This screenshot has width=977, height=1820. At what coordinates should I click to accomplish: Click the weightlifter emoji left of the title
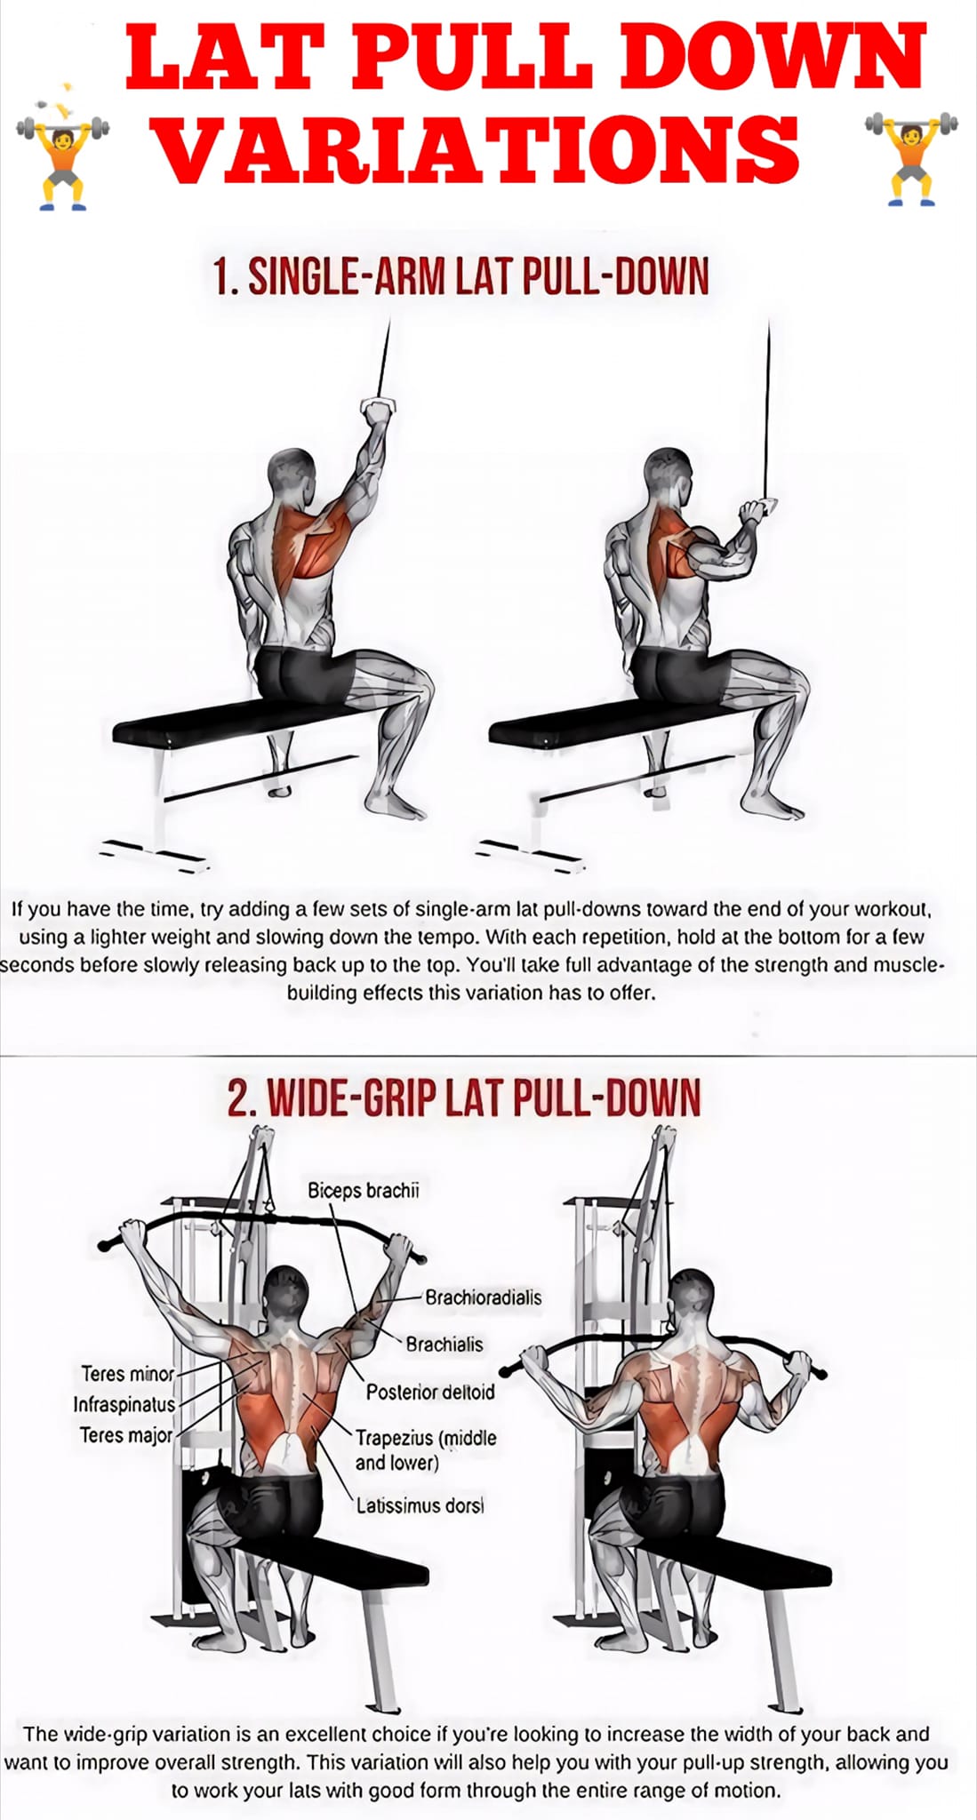point(62,160)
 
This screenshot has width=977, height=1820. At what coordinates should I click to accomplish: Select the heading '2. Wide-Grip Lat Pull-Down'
point(463,1098)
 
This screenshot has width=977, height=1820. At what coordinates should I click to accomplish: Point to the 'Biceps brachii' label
point(363,1191)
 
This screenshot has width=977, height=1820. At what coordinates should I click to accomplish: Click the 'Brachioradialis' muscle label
point(483,1297)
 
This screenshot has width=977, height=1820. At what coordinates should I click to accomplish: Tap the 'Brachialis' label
point(444,1345)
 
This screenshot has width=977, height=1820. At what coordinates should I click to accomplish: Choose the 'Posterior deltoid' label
point(430,1392)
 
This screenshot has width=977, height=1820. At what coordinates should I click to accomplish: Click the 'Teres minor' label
point(128,1374)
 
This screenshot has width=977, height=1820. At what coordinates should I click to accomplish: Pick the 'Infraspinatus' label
point(124,1404)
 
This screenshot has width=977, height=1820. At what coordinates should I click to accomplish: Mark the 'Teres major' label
point(126,1434)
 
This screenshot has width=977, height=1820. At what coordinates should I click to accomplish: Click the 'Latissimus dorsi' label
point(420,1505)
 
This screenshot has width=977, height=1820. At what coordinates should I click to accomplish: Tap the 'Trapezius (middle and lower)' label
point(426,1449)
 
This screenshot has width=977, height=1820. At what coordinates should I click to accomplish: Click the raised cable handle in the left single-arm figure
point(376,410)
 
